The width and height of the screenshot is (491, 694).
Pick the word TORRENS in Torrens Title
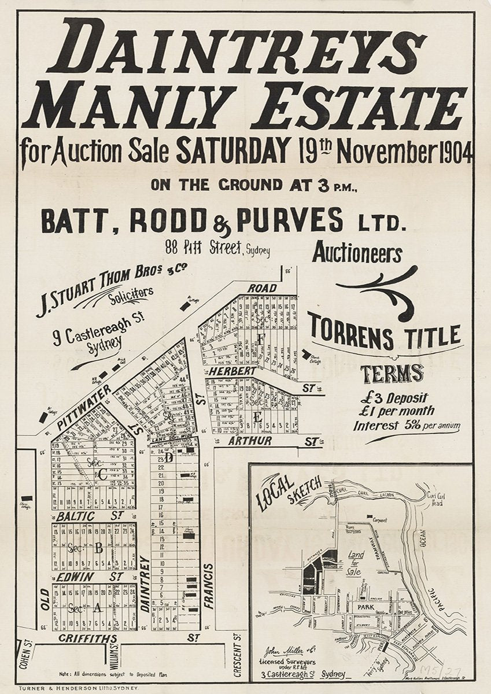coord(352,333)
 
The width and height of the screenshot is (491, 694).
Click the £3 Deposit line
coord(394,398)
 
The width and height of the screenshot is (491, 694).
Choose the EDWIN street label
coord(72,577)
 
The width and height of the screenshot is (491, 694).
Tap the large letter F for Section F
coord(260,339)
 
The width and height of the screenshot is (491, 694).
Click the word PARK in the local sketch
coord(365,608)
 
